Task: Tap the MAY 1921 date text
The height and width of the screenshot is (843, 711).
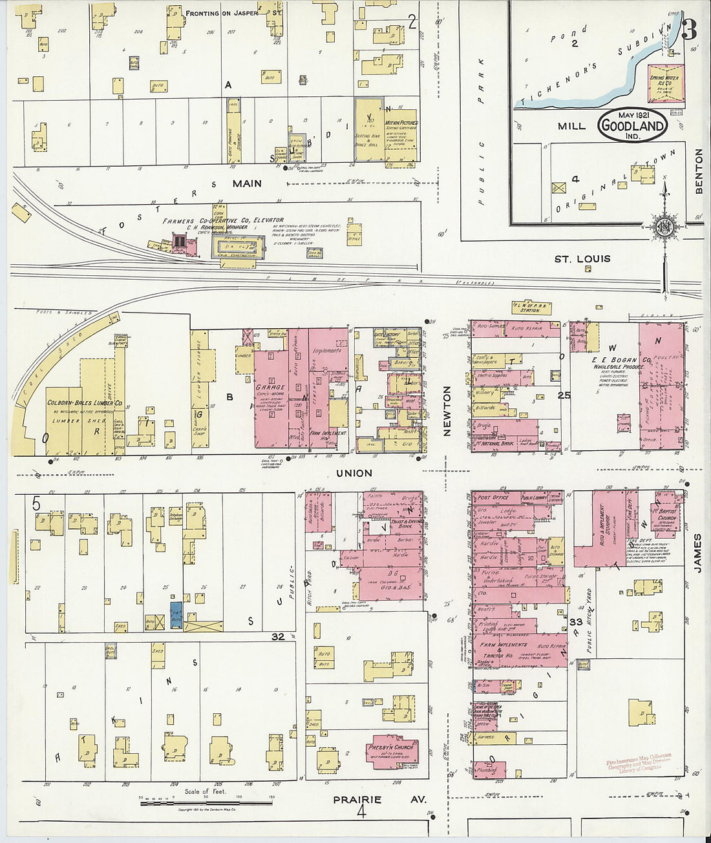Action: coord(633,115)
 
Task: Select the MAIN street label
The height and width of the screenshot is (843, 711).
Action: coord(247,183)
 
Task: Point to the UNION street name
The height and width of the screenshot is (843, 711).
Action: coord(354,473)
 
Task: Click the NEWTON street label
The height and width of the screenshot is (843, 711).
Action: coord(447,411)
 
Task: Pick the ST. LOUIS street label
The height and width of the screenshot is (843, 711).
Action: coord(582,258)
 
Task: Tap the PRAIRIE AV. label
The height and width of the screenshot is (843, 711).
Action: coord(379,799)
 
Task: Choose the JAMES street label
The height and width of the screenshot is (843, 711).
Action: coord(697,552)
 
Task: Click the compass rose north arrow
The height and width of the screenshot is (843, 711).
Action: coord(664,226)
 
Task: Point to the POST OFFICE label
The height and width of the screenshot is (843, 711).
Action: coord(493,498)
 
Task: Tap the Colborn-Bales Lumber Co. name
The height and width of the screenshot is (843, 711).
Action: coord(75,403)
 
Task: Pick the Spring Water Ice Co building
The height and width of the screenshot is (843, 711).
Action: coord(666,85)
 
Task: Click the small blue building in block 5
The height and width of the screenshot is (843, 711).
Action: coord(176,616)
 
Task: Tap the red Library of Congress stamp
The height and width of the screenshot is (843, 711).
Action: coord(639,762)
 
